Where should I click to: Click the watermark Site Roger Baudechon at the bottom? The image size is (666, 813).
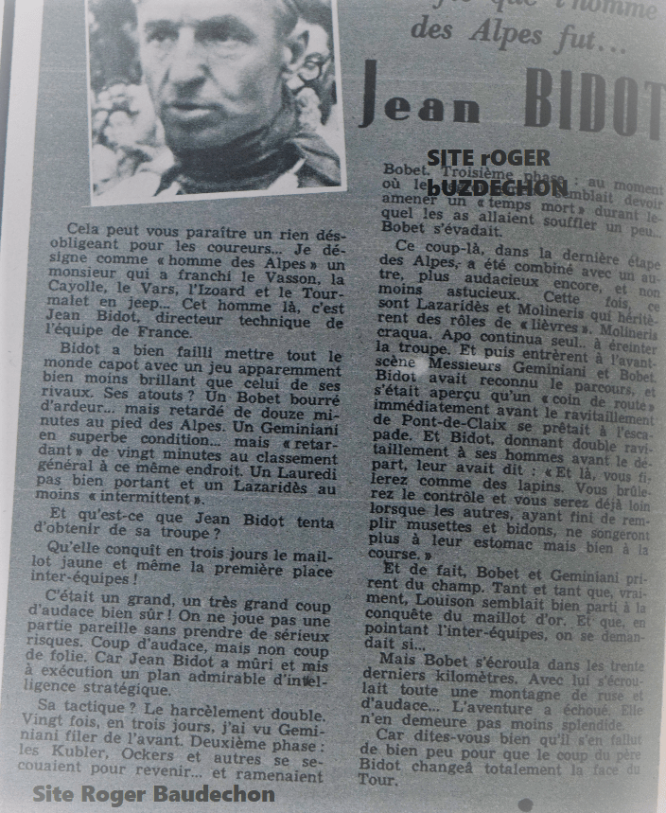click(153, 793)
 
